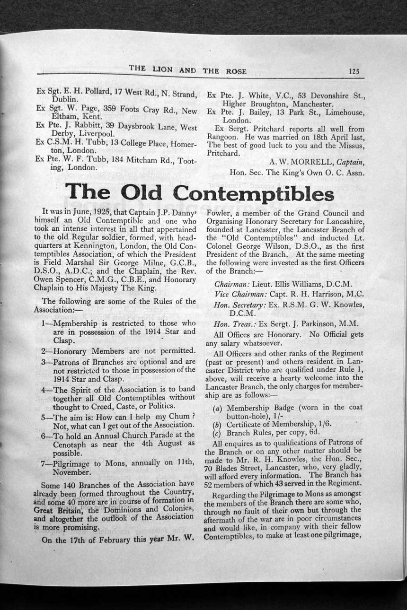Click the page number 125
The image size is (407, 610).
pos(354,71)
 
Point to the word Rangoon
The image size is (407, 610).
pos(222,137)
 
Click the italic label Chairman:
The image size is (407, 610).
pos(229,285)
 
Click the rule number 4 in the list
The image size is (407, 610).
pos(44,390)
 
